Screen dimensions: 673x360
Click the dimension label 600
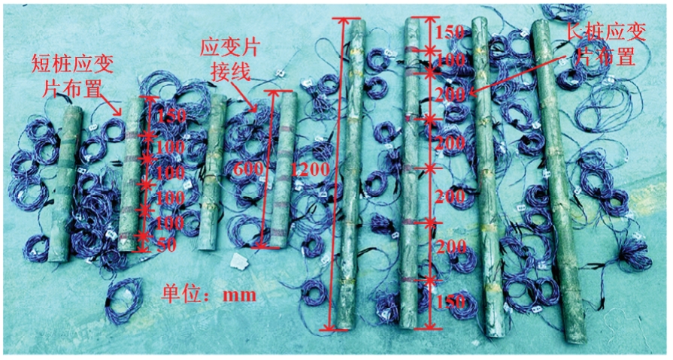click(247, 168)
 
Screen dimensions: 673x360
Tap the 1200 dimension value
click(311, 170)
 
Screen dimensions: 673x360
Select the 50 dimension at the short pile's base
click(166, 245)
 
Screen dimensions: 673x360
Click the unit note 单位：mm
click(209, 295)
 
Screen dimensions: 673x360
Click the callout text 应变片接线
click(230, 60)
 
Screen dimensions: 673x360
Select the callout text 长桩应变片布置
click(605, 44)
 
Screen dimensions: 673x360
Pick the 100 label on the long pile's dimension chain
click(449, 60)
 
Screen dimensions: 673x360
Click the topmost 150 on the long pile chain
click(450, 32)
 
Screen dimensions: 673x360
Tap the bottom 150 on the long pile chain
click(451, 301)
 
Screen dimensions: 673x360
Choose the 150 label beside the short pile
click(171, 116)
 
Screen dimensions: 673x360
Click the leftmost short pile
click(65, 183)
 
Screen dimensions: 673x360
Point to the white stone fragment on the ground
click(240, 261)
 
